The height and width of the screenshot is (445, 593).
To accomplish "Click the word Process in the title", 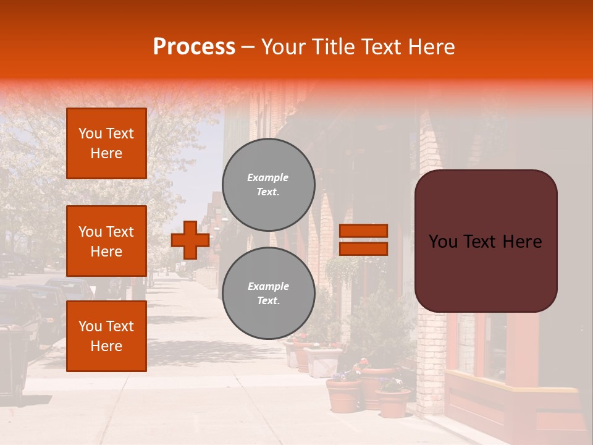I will (194, 47).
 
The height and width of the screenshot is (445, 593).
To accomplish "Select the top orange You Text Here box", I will (106, 143).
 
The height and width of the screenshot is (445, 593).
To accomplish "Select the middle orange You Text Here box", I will (106, 241).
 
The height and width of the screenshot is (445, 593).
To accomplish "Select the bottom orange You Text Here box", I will (106, 336).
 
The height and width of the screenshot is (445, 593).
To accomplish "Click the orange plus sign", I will (190, 240).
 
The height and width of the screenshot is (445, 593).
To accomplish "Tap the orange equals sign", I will (363, 240).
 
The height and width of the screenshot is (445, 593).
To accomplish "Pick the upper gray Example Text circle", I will (269, 185).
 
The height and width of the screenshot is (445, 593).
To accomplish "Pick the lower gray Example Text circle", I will (269, 294).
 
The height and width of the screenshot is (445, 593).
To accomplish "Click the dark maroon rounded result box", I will (486, 241).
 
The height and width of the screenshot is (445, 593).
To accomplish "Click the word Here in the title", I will (432, 47).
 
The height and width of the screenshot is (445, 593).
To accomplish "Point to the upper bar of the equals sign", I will (363, 231).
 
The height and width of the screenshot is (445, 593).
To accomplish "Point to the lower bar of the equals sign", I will (363, 249).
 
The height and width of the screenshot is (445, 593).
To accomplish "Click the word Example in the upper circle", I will (268, 177).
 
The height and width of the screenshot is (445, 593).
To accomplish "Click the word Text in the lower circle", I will (267, 301).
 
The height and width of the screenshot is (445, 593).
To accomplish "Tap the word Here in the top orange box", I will (106, 153).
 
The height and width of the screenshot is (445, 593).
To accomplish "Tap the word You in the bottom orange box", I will (90, 326).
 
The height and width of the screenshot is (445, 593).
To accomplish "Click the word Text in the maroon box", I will (486, 241).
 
